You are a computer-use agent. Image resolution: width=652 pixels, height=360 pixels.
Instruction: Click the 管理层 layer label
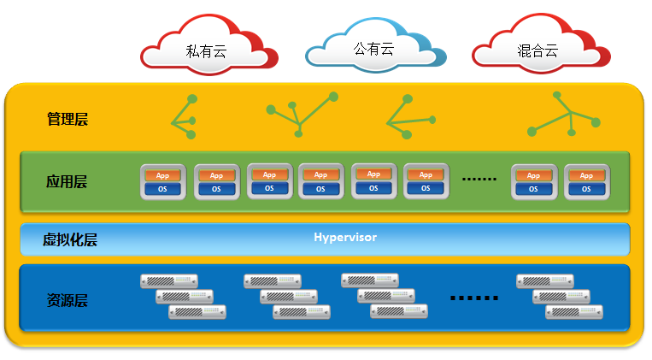[68, 119]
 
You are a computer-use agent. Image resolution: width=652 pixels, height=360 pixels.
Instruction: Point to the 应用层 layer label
[67, 181]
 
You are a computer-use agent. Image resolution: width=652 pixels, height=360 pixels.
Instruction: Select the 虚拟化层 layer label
[70, 239]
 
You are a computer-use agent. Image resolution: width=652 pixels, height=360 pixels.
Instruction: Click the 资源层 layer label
[68, 300]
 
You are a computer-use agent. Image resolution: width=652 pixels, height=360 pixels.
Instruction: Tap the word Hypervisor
[345, 237]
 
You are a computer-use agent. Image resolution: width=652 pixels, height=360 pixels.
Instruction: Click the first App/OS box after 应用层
[162, 181]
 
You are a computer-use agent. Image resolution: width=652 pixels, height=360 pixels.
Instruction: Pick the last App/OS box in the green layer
[586, 181]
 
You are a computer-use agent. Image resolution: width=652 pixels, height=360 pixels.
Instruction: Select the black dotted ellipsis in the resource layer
[474, 298]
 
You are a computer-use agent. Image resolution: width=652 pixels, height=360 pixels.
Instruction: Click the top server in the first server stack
[169, 280]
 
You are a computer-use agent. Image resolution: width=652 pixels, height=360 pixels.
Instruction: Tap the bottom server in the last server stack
[573, 311]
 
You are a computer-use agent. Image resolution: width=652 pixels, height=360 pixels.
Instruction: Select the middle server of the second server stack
[288, 296]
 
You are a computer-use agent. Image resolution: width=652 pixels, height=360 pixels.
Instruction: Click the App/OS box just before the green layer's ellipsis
[426, 181]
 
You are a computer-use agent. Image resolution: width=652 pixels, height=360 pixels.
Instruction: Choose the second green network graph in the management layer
[298, 115]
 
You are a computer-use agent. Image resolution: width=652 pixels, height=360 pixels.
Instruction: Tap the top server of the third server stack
[369, 280]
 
